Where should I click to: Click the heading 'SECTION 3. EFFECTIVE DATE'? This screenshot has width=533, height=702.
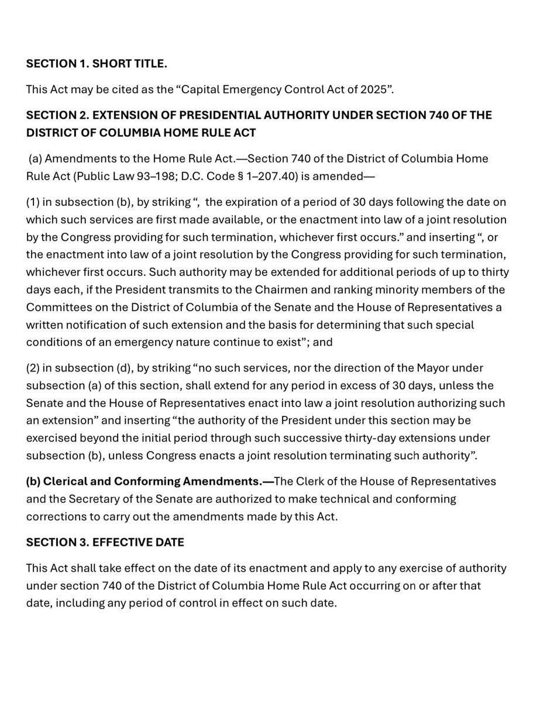pyautogui.click(x=105, y=542)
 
